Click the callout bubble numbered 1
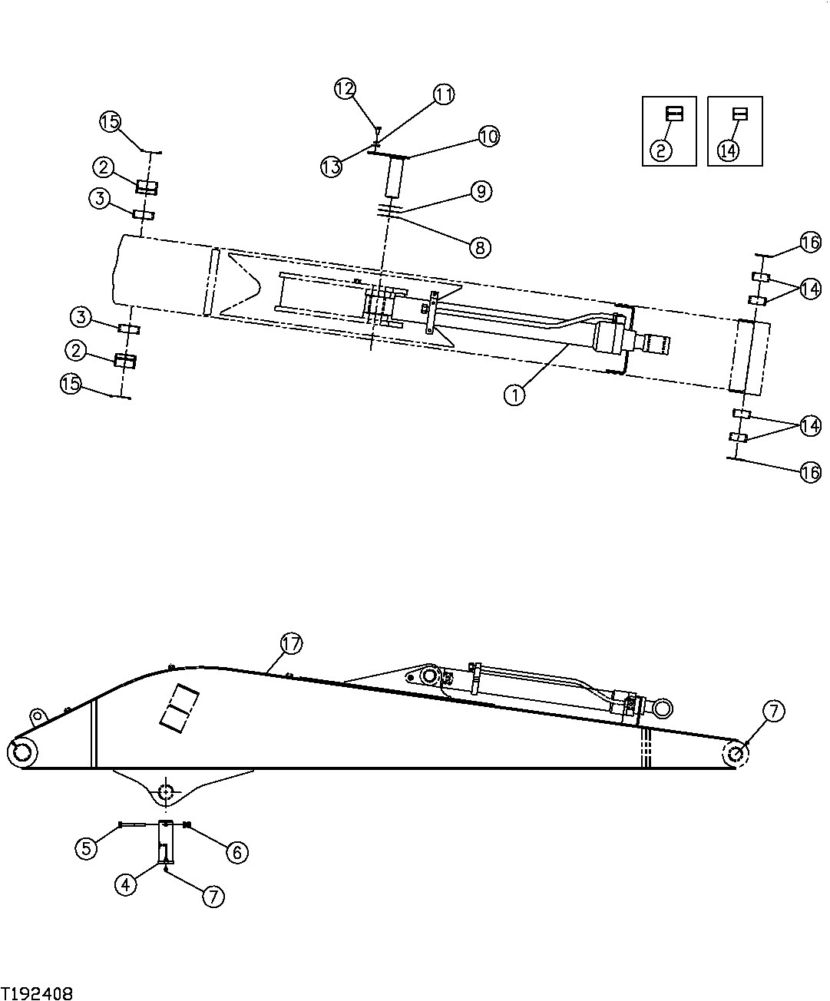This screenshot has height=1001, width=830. click(514, 395)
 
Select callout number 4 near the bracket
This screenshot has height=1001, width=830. click(127, 884)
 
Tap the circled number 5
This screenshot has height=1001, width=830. click(86, 847)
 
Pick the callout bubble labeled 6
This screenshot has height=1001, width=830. click(236, 851)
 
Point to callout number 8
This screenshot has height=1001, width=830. click(481, 247)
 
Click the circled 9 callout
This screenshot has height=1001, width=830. click(481, 190)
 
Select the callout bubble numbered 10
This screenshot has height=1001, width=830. click(488, 137)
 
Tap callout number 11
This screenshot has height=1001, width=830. click(444, 94)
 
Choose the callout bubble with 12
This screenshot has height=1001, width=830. click(346, 89)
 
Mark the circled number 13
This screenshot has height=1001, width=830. click(332, 167)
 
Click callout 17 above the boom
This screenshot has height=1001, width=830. click(292, 644)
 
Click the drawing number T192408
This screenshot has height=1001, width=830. click(37, 993)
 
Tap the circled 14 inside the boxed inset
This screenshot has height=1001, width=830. click(728, 150)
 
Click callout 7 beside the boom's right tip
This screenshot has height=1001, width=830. click(773, 712)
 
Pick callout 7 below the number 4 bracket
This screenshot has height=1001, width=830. click(213, 896)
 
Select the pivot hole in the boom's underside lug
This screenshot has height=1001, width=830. click(166, 791)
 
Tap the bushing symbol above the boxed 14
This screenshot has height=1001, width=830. click(739, 114)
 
